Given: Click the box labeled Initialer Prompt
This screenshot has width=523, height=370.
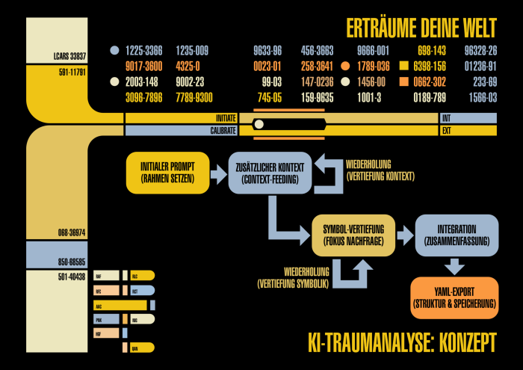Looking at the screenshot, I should tap(167, 173).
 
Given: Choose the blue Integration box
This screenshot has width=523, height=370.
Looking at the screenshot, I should tap(456, 235).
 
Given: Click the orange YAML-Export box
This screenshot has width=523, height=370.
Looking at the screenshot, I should tap(454, 297).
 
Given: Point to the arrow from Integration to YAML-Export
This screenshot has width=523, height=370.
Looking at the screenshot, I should tap(454, 266).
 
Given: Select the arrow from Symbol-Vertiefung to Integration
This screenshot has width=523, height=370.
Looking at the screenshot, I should tap(404, 235).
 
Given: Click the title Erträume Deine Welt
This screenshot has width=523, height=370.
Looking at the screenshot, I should tap(421, 28).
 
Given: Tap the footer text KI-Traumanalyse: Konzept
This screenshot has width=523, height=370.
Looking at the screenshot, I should tap(402, 342).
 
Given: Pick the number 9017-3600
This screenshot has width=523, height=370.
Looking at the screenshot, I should tap(144, 66).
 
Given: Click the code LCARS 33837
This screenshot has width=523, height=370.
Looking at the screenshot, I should tap(69, 56).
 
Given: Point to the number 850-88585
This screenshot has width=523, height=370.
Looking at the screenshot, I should tap(70, 262).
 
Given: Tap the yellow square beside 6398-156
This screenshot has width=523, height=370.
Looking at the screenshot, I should tap(406, 66).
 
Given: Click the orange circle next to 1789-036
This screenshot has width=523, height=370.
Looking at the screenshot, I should tap(344, 66).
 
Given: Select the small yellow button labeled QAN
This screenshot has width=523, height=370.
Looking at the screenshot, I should tap(141, 348).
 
